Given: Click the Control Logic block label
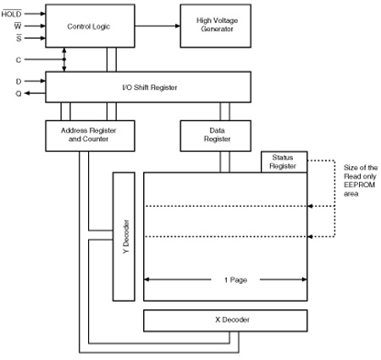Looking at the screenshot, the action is pos(88,26).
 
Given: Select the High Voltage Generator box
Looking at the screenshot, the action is pos(216,25).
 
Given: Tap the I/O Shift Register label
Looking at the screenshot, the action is pos(150,87).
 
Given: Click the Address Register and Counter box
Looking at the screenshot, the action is pos(90,136).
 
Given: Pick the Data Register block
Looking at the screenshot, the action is pos(216,136).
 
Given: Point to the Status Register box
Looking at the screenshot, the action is pos(284,162).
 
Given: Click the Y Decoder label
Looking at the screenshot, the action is pos(126,236).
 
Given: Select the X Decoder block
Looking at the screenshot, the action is pos(225,320).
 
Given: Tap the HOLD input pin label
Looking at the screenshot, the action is pos(11,14).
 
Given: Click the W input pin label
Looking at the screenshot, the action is pos(18,26).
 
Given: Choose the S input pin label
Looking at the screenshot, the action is pos(19,38).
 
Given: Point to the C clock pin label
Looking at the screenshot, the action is pos(19,60).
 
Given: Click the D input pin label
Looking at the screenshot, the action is pos(19,81).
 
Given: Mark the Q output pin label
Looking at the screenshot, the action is pos(19,93).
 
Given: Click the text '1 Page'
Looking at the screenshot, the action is pos(235,280).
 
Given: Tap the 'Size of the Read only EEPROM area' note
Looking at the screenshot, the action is pos(361,180).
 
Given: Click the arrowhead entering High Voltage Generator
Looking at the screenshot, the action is pos(178,26).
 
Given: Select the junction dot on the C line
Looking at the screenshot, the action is pos(64,59).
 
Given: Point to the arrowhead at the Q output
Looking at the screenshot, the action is pos(26,93).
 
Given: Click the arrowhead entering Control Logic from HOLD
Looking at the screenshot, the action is pos(43,14).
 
